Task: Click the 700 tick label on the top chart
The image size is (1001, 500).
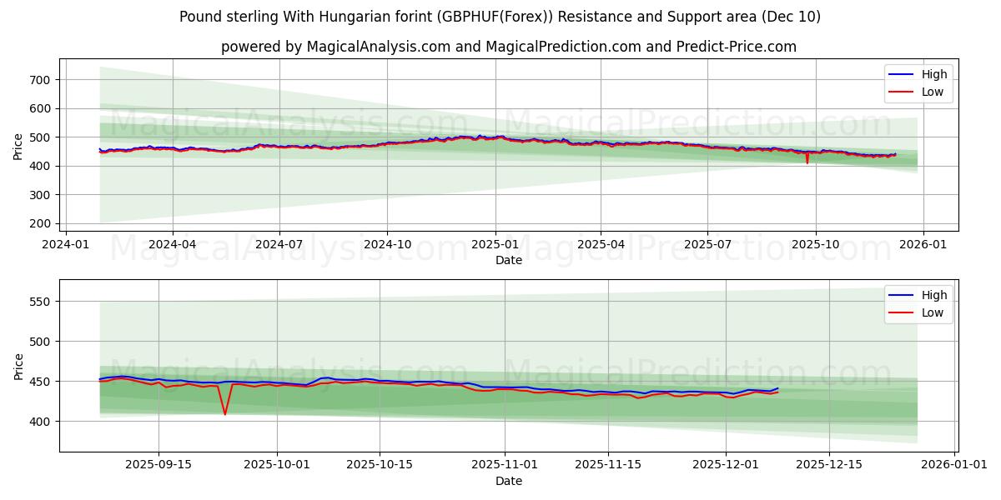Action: point(40,80)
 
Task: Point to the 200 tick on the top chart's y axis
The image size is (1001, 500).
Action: point(40,223)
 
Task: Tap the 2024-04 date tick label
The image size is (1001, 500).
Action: point(173,244)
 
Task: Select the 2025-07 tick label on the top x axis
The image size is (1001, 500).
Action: point(707,244)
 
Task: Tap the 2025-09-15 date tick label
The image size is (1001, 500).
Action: point(158,465)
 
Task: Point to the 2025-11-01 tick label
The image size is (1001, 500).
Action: point(505,465)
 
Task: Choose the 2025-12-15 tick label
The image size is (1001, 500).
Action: point(828,465)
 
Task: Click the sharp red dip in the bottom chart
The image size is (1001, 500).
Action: point(224,413)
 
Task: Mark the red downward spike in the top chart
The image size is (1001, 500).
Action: point(807,162)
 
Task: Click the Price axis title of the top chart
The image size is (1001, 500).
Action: point(18,146)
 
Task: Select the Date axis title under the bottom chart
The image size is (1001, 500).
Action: point(509,481)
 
